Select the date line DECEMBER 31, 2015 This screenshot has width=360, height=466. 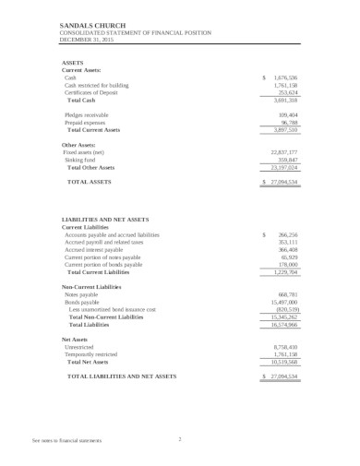[x=63, y=42]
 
